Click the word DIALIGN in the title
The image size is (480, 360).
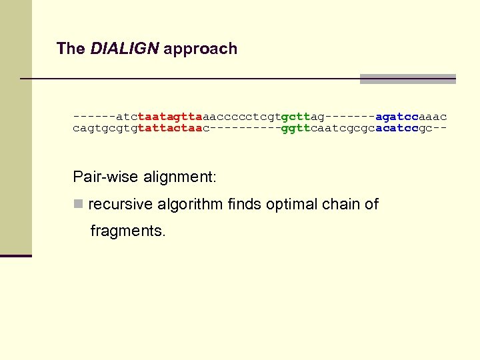coord(125,49)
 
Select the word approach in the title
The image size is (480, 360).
coord(200,49)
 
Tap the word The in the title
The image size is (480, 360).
coord(71,49)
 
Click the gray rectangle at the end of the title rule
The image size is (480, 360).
coord(407,79)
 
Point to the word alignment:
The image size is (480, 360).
coord(180,177)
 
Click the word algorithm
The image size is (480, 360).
coord(189,204)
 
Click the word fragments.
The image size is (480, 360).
coord(127,231)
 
